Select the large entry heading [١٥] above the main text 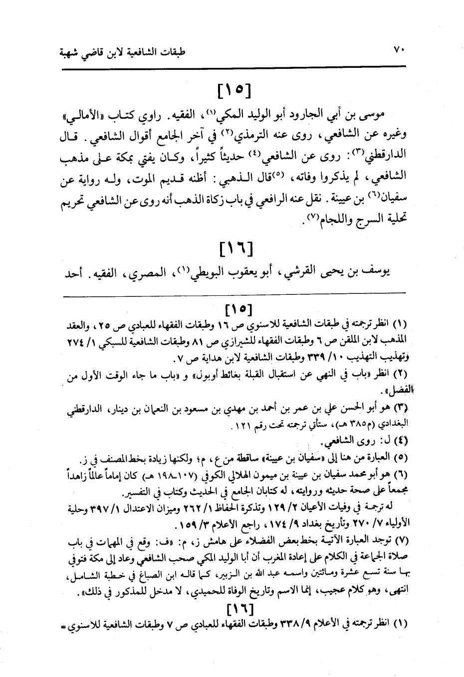click(x=233, y=91)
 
